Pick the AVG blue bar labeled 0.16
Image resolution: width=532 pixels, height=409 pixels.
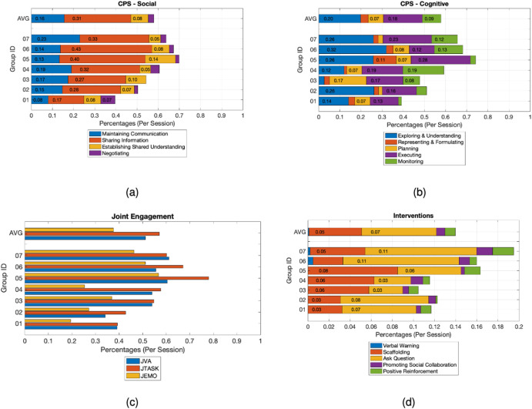tap(48, 18)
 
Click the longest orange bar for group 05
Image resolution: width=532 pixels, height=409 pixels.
tap(116, 278)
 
